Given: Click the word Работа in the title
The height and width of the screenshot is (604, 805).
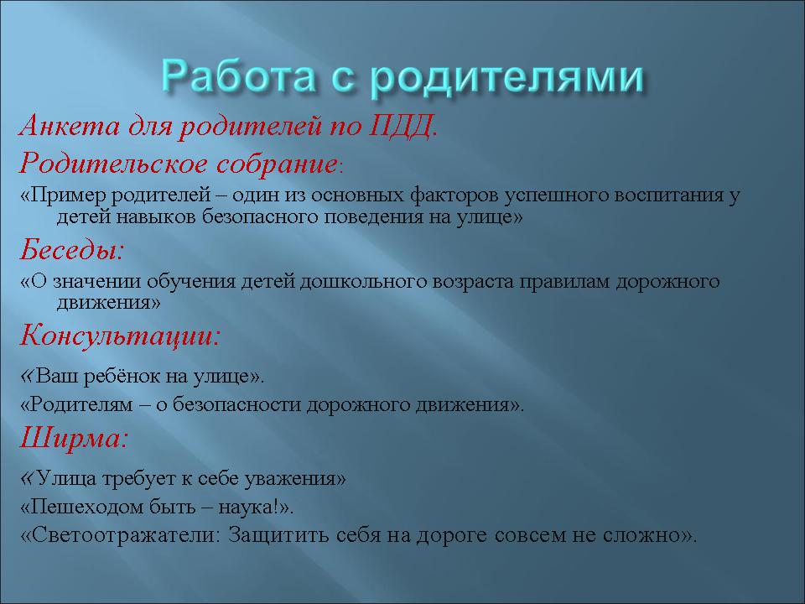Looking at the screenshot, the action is click(x=236, y=76).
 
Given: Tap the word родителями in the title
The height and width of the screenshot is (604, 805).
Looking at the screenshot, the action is click(x=506, y=77).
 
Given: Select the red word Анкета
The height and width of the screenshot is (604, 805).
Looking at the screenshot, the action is click(x=70, y=125).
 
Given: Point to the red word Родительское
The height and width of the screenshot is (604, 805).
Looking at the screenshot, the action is click(x=113, y=164).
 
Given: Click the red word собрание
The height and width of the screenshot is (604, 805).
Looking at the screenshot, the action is click(x=277, y=164).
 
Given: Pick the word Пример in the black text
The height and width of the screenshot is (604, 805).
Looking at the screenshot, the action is click(x=68, y=195).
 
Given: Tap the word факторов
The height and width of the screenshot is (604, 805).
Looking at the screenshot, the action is click(x=454, y=195).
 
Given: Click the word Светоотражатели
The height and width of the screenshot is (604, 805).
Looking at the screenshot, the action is click(x=122, y=534).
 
